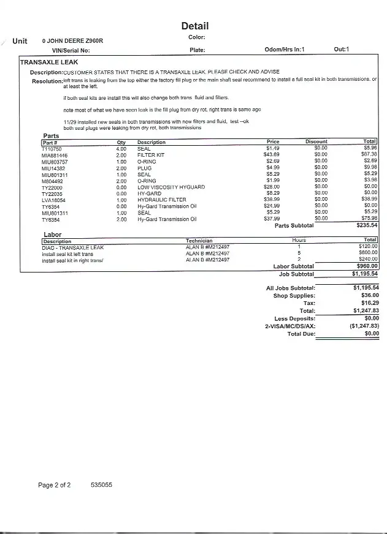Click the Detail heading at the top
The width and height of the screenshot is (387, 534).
pos(195,26)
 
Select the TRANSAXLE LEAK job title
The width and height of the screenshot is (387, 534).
pos(49,62)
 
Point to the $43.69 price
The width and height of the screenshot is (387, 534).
pos(271,156)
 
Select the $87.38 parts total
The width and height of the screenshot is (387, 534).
pos(369,156)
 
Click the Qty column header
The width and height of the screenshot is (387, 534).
pos(121,142)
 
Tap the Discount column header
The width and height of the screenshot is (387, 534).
pos(316,142)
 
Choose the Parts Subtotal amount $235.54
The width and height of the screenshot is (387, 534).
pos(367,225)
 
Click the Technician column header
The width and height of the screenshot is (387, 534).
pos(199,241)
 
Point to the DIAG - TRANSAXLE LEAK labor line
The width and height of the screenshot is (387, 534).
pos(73,247)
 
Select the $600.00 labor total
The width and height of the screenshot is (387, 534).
pos(368,254)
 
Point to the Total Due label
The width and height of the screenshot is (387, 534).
pos(301,334)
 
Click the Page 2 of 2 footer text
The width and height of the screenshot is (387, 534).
pos(55,485)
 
